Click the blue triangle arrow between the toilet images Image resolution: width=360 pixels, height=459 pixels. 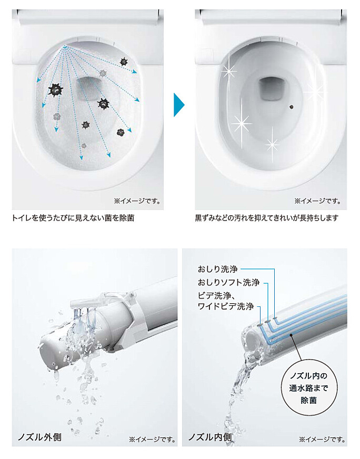(179, 105)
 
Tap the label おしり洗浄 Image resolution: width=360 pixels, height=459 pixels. (217, 269)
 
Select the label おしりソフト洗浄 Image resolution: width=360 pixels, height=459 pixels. (228, 283)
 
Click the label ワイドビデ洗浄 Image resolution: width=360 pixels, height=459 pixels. (225, 306)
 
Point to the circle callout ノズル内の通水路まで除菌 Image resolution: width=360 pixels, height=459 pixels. (308, 388)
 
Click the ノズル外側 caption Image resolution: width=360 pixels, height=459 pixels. (40, 437)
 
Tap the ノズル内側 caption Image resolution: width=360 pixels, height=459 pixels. (210, 437)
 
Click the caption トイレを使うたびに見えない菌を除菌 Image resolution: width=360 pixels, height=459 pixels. (73, 218)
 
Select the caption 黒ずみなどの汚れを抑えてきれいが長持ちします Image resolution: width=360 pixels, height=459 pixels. (267, 218)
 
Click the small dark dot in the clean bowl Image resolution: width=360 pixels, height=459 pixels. (291, 107)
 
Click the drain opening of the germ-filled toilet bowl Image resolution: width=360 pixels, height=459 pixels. (88, 88)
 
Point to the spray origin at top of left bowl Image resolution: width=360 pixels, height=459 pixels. (65, 47)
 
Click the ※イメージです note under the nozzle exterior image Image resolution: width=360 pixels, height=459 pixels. (152, 440)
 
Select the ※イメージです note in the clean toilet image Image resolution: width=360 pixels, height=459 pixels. (318, 201)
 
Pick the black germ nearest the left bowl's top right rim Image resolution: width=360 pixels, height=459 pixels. (124, 61)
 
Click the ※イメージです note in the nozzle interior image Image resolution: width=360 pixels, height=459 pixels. (322, 440)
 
